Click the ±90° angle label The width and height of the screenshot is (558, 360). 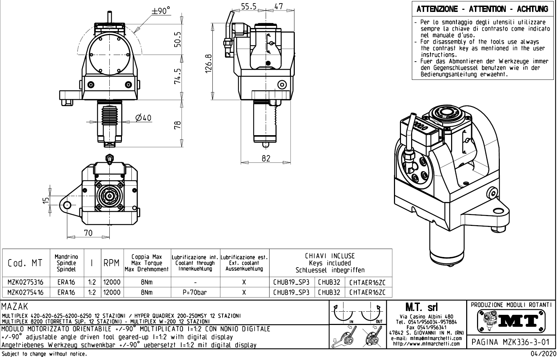click(x=161, y=11)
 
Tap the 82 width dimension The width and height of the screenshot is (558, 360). click(x=266, y=158)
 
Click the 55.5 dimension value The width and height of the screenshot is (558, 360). click(x=249, y=6)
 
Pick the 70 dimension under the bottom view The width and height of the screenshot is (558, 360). click(x=88, y=233)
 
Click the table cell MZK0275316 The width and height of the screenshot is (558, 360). click(x=26, y=282)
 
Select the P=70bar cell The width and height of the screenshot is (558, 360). click(x=195, y=292)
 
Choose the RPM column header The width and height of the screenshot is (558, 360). click(x=112, y=263)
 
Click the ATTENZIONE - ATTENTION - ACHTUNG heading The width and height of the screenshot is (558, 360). click(x=482, y=9)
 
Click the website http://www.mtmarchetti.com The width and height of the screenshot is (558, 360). click(x=426, y=344)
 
